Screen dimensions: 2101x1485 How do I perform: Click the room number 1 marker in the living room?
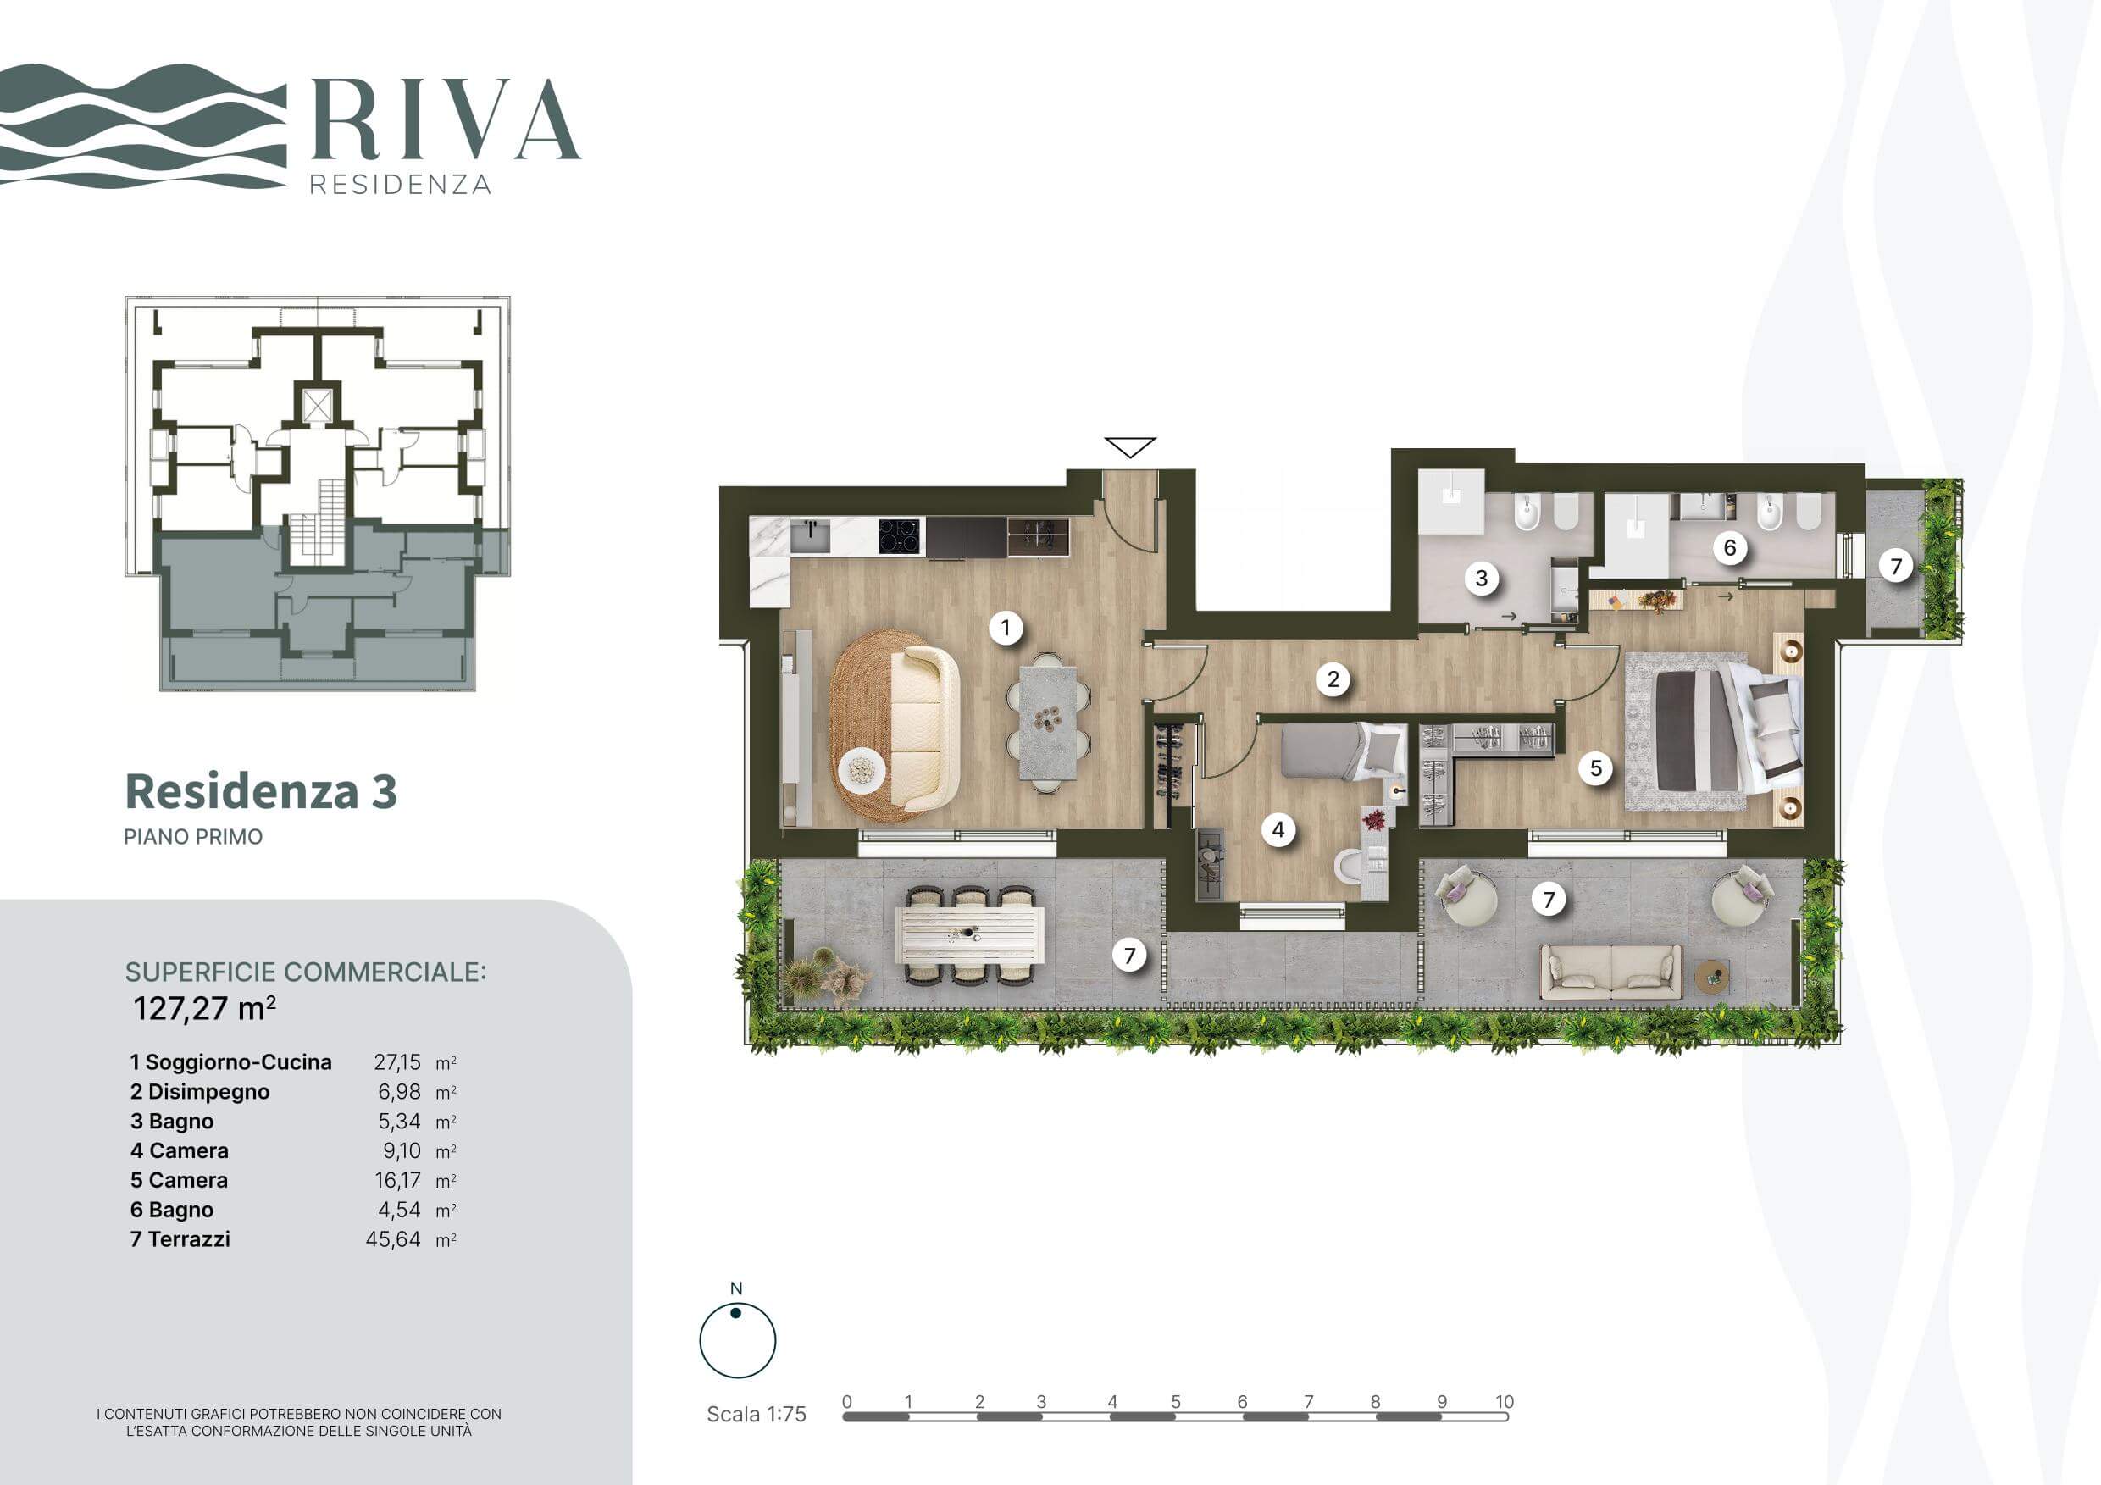pos(1006,628)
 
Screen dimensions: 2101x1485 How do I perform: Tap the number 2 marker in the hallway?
pos(1333,679)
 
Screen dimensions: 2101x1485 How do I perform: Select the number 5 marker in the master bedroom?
pos(1596,767)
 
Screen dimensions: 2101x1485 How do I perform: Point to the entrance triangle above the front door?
pos(1130,447)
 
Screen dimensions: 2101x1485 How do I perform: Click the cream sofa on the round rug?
pos(924,729)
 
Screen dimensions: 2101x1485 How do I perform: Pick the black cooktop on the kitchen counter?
pos(899,536)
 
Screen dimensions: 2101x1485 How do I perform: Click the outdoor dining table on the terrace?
pos(970,934)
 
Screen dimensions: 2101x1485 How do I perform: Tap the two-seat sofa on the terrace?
pos(1610,972)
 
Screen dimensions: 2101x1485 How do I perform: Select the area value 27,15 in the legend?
pos(397,1062)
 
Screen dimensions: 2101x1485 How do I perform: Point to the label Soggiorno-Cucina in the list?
pos(238,1062)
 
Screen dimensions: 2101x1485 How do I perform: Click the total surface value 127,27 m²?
pos(205,1008)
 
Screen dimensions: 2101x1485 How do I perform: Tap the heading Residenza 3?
pos(261,791)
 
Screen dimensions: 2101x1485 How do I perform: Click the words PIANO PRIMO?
pos(193,836)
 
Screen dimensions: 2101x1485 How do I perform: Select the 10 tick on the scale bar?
pos(1505,1401)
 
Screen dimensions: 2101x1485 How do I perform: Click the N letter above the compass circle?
pos(737,1288)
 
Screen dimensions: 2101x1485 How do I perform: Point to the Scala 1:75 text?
pos(757,1414)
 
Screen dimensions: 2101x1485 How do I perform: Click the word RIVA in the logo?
pos(446,119)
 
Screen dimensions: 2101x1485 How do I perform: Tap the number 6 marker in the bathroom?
pos(1729,548)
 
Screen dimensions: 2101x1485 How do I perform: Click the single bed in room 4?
pos(1344,751)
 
